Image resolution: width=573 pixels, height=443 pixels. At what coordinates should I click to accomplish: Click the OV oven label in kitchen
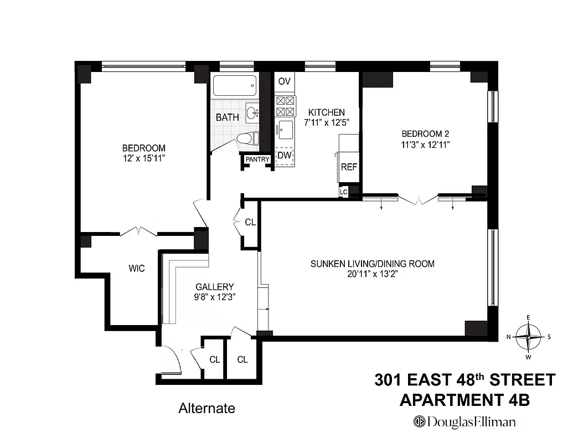point(285,81)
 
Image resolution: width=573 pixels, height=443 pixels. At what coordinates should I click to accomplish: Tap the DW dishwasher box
point(285,155)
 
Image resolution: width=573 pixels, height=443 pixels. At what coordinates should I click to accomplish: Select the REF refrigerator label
point(349,167)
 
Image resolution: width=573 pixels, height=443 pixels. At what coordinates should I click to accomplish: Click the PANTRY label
point(257,159)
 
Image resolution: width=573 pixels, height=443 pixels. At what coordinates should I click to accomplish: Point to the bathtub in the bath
point(235,86)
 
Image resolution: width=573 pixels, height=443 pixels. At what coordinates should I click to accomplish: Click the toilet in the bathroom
point(247,138)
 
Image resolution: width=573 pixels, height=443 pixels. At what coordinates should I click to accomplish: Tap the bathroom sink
point(253,114)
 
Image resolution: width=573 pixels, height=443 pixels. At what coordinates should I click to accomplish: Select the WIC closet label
point(137,269)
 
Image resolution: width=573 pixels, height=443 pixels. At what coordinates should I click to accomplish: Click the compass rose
point(529,336)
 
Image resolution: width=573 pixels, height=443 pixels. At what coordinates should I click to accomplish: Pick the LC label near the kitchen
point(344,192)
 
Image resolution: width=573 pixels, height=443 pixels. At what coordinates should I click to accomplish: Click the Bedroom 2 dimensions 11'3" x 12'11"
point(425,145)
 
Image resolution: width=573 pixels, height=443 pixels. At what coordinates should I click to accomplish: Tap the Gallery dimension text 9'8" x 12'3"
point(215,297)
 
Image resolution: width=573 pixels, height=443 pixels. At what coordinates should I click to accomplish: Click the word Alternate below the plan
point(207,409)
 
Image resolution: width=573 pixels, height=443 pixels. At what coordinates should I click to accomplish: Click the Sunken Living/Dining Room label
point(372,264)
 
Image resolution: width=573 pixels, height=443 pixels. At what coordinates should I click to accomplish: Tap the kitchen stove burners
point(285,106)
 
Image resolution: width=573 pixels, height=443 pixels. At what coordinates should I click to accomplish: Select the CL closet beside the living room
point(250,222)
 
